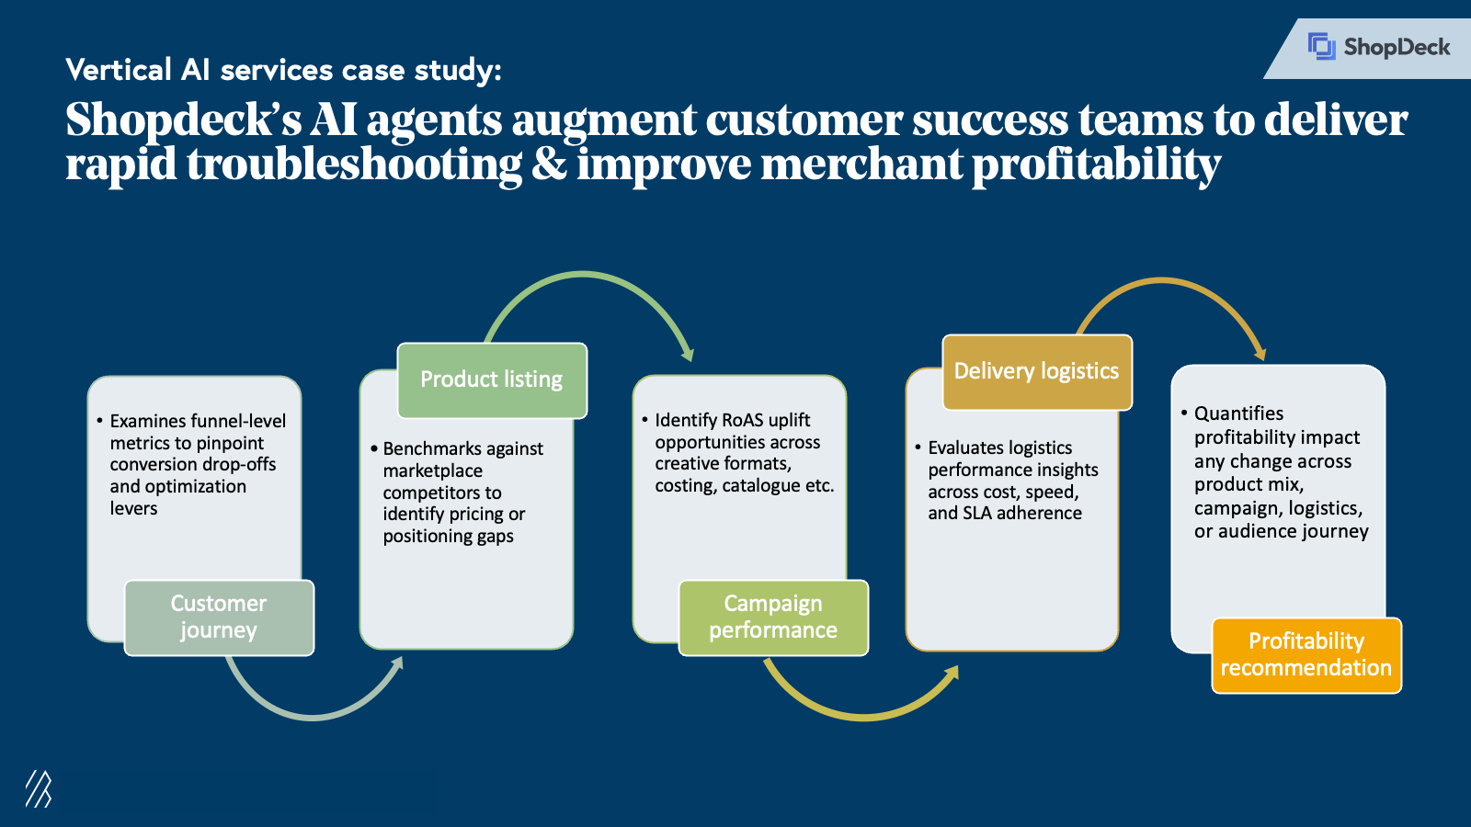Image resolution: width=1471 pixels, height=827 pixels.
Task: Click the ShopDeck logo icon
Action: (1321, 46)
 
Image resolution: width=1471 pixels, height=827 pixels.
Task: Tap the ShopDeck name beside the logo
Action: (1397, 47)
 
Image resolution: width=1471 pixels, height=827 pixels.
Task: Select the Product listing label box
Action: (492, 380)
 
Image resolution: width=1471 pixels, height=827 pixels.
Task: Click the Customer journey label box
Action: (219, 617)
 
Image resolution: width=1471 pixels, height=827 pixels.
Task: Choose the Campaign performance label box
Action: (773, 617)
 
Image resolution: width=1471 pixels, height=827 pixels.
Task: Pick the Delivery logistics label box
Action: (1036, 371)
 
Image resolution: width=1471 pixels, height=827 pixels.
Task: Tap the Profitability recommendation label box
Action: (1306, 654)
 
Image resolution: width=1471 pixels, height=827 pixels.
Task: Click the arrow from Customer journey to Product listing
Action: (313, 714)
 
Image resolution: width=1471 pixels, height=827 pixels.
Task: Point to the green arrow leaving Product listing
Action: (588, 276)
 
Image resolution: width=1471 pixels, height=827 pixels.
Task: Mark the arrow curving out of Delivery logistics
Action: (1168, 282)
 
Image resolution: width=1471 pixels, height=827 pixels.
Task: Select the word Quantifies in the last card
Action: (1238, 413)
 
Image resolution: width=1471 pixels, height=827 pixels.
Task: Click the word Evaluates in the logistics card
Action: (963, 447)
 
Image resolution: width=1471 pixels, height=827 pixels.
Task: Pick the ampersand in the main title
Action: (549, 165)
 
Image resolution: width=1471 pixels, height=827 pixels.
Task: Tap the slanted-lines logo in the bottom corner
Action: (38, 788)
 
